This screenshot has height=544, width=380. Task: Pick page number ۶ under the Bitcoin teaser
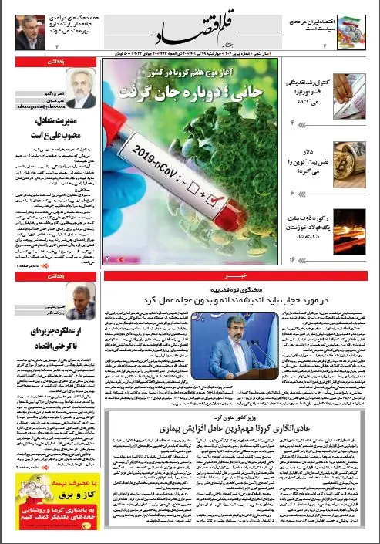click(x=294, y=191)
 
